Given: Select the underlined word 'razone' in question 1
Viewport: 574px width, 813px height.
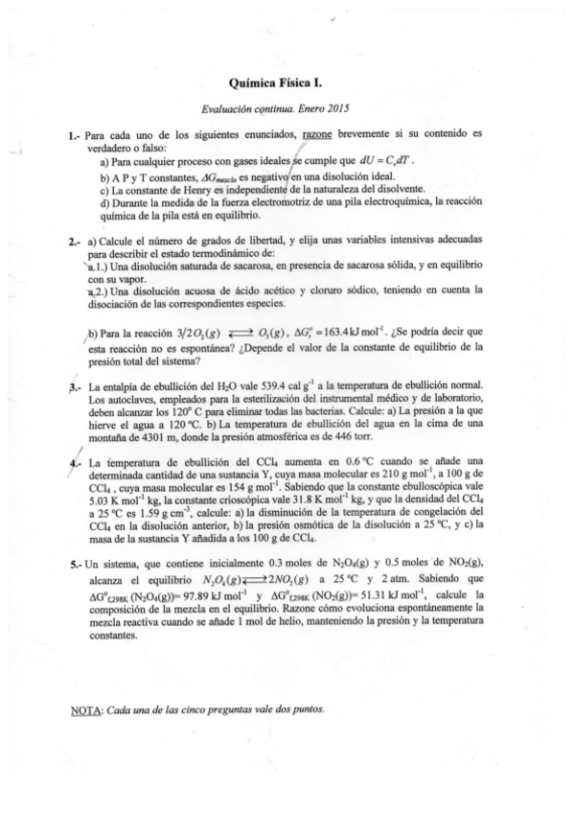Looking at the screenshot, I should point(320,137).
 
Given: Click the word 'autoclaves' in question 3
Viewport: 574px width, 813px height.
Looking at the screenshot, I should point(129,398).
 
